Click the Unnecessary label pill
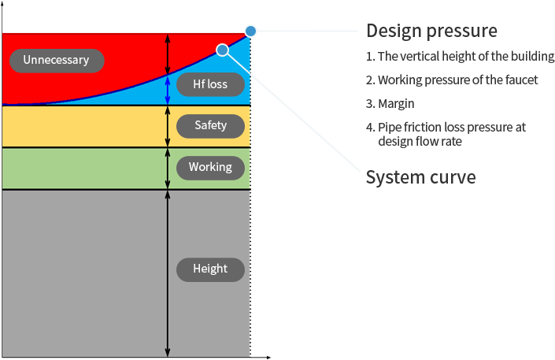[x=56, y=60]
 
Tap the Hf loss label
[x=209, y=84]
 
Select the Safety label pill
[x=210, y=125]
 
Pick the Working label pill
[x=210, y=167]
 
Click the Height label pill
[x=210, y=269]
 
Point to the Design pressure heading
[x=431, y=31]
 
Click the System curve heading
[x=420, y=177]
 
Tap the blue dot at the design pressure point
[x=250, y=31]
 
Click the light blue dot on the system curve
[x=223, y=50]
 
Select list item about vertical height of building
[x=461, y=57]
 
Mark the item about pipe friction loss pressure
[x=446, y=134]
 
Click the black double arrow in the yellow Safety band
[x=167, y=126]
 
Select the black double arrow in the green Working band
[x=167, y=168]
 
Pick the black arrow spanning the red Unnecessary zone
[x=167, y=54]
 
